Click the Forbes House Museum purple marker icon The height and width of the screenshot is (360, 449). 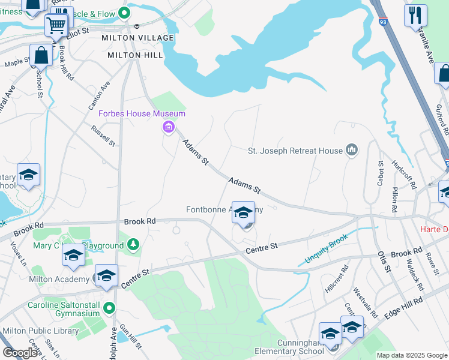(167, 127)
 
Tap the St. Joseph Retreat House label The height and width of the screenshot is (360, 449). (295, 151)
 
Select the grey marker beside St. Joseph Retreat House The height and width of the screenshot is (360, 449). (352, 150)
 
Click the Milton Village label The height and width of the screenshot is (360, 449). (140, 38)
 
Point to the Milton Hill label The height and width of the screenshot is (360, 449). (135, 55)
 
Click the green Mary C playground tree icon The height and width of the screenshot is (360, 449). (133, 245)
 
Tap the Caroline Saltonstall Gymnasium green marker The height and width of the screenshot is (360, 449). (109, 308)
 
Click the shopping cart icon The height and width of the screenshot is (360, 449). (56, 25)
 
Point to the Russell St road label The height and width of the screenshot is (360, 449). (103, 136)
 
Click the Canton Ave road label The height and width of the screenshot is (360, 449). (100, 95)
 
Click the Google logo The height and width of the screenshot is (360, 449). (20, 353)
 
